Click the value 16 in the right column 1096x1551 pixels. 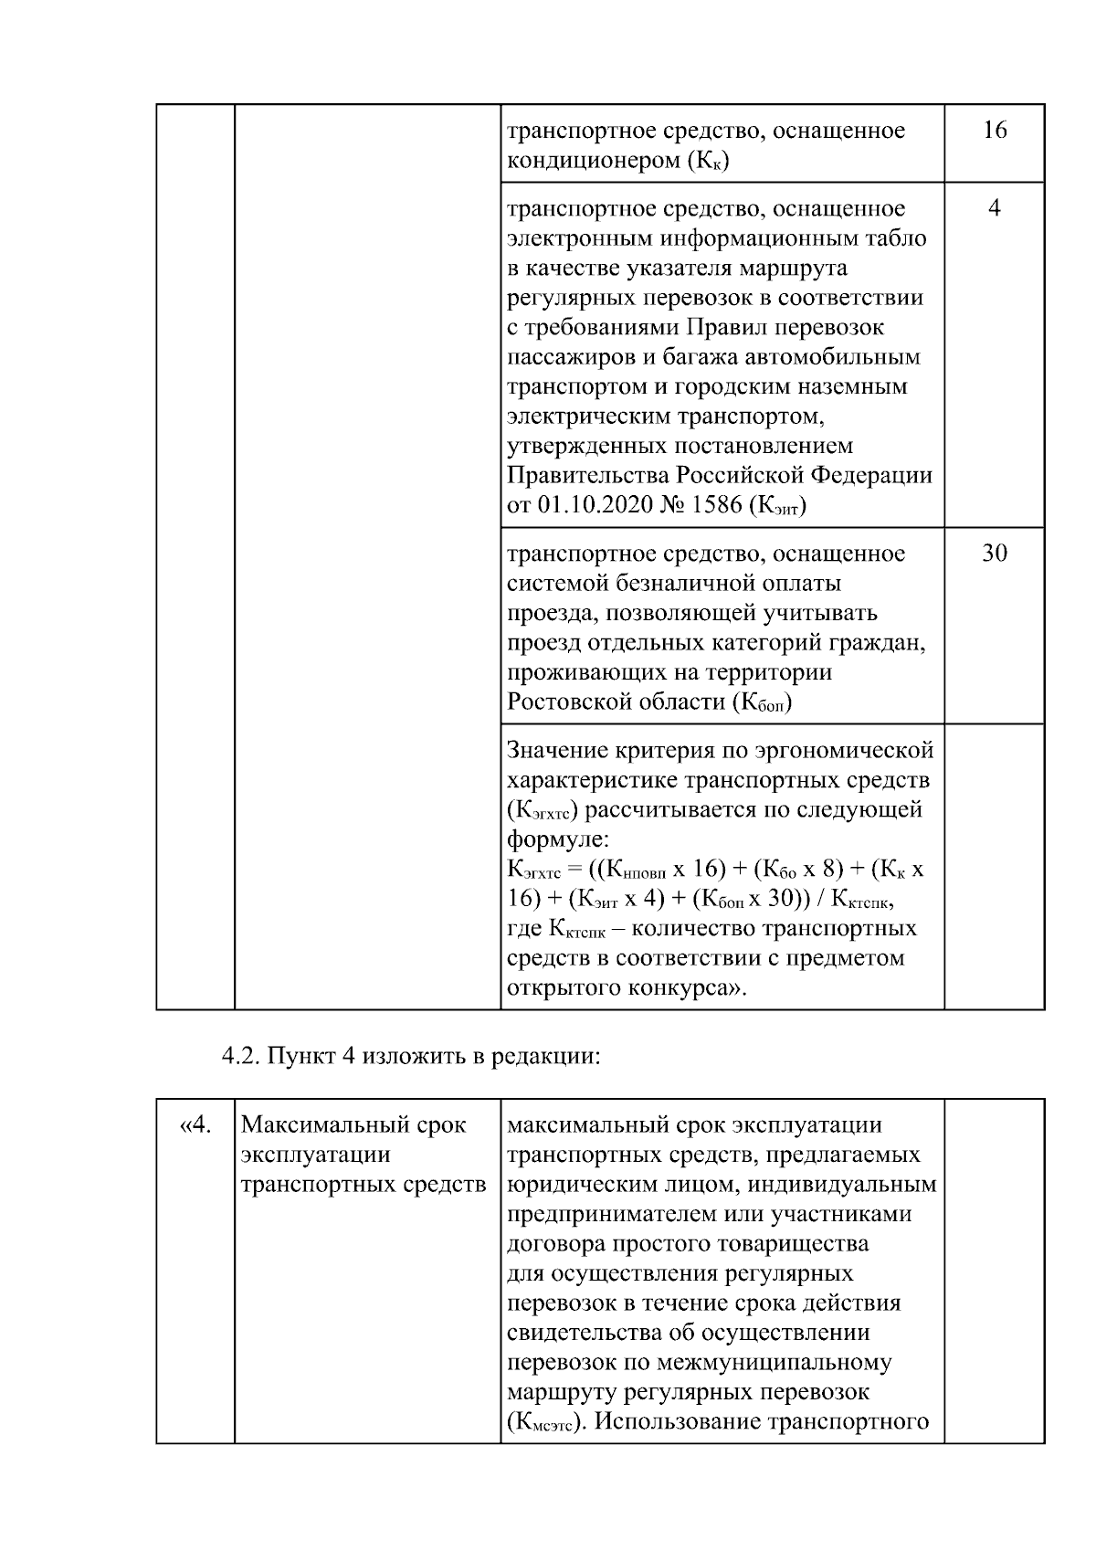click(x=994, y=131)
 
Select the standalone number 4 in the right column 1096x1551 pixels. click(x=994, y=209)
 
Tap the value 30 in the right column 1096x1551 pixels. click(x=994, y=554)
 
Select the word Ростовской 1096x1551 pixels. click(x=574, y=702)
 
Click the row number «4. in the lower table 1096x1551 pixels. click(x=193, y=1124)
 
